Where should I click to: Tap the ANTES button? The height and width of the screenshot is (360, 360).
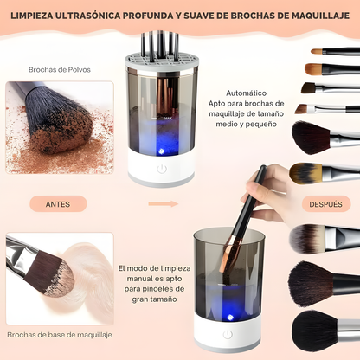click(59, 204)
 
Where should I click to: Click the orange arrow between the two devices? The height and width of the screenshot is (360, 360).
click(163, 204)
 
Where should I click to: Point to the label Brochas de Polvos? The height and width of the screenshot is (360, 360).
click(59, 69)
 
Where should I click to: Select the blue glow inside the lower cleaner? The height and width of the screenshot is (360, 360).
click(227, 304)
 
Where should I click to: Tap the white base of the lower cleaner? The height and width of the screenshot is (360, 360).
click(227, 335)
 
